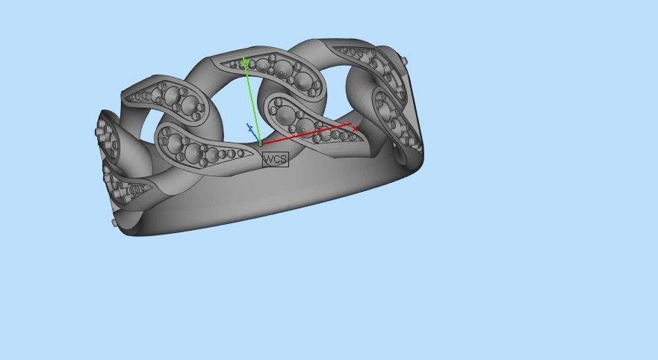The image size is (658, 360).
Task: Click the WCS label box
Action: (275, 159)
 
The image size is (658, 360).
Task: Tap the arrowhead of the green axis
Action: (245, 60)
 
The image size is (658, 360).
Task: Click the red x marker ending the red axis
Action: (356, 128)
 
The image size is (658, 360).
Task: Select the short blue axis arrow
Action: (251, 128)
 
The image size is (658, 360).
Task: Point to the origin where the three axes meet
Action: (260, 143)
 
